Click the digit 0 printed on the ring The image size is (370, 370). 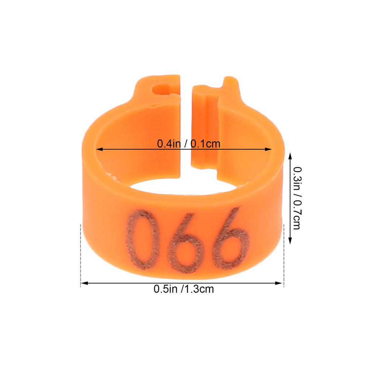point(142,240)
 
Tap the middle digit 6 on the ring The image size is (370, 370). point(185,243)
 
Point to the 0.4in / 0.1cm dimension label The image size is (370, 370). point(189,144)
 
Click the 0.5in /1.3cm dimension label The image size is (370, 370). point(184,289)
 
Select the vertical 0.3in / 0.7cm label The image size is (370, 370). point(297,198)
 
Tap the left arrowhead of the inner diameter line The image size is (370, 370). point(99,149)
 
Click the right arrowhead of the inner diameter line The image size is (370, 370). point(268,149)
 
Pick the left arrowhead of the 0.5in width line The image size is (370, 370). point(85,283)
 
